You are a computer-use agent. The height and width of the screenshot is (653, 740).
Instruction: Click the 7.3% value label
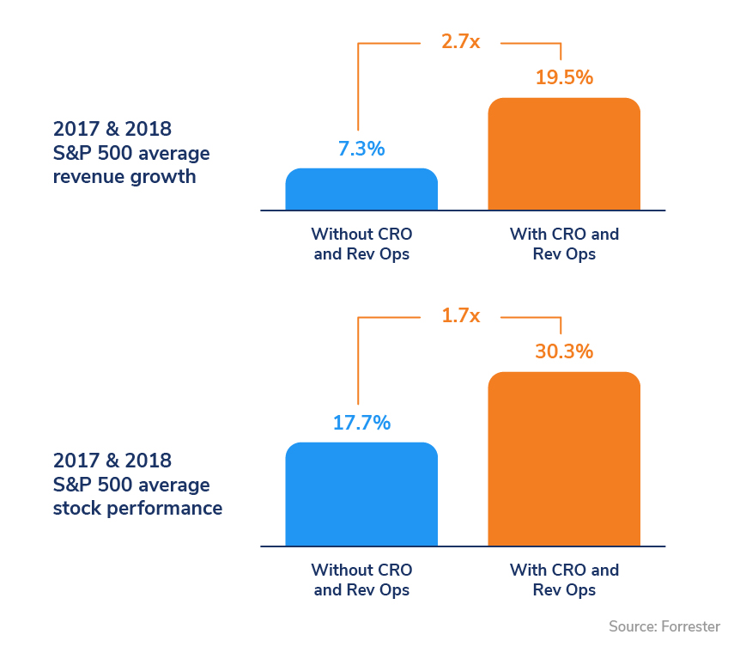(x=361, y=149)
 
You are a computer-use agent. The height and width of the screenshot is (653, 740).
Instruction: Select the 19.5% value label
(x=564, y=77)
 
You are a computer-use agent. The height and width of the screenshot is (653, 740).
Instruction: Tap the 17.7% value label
(x=361, y=423)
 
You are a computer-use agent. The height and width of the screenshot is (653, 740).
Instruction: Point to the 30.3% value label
(x=564, y=351)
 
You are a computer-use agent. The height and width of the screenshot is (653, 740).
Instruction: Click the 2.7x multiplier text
(x=460, y=41)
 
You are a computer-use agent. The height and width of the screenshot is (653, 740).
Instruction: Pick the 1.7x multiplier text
(x=460, y=315)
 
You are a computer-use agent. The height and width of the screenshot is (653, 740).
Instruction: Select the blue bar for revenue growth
(x=361, y=190)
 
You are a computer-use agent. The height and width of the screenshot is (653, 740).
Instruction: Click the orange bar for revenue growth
(x=564, y=155)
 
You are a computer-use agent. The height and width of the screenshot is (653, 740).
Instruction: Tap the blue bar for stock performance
(x=361, y=495)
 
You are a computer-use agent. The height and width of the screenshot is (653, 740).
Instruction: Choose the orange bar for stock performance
(x=564, y=460)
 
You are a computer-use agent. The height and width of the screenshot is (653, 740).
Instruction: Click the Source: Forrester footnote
(x=664, y=626)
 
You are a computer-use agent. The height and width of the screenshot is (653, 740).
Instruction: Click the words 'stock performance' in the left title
(x=137, y=508)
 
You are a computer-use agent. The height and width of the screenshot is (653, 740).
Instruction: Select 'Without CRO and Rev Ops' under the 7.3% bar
(x=361, y=244)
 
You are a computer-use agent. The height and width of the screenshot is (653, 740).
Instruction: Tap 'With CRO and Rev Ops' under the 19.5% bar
(x=564, y=244)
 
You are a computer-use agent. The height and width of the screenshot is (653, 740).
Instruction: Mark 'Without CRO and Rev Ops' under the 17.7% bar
(x=361, y=580)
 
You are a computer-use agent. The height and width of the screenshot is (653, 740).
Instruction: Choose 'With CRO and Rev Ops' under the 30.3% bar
(x=564, y=580)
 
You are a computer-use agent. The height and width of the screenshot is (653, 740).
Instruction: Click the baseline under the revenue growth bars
(x=463, y=211)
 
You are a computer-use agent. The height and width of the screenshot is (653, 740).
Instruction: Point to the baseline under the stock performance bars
(x=463, y=546)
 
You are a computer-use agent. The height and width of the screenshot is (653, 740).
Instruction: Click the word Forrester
(x=690, y=626)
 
